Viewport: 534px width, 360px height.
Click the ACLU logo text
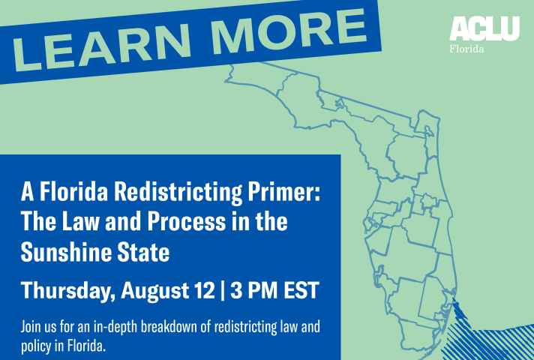484,28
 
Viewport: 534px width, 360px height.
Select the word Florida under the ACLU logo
466,49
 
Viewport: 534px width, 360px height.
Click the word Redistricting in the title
178,193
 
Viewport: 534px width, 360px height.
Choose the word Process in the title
186,221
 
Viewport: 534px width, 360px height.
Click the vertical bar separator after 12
223,290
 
